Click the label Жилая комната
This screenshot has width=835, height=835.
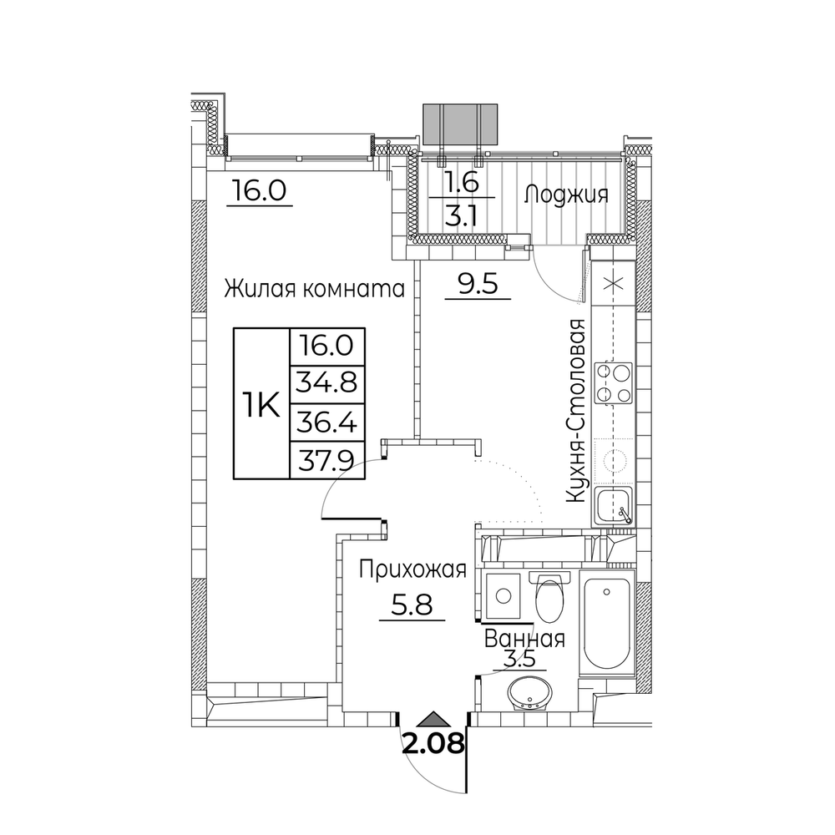pyautogui.click(x=314, y=289)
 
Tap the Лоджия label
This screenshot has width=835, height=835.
pyautogui.click(x=566, y=195)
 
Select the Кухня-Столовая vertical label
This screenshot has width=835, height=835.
pyautogui.click(x=576, y=411)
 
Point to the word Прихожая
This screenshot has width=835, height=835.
pyautogui.click(x=412, y=570)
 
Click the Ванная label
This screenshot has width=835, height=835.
pyautogui.click(x=524, y=638)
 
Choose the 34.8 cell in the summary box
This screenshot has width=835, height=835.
pyautogui.click(x=326, y=383)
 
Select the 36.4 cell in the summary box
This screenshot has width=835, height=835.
pyautogui.click(x=326, y=423)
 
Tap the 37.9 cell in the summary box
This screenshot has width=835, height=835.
pyautogui.click(x=326, y=461)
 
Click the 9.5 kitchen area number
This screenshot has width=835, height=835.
pyautogui.click(x=478, y=284)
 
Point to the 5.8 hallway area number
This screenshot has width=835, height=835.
pyautogui.click(x=412, y=605)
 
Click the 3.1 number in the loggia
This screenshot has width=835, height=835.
pyautogui.click(x=461, y=216)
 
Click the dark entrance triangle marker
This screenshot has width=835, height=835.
pyautogui.click(x=433, y=720)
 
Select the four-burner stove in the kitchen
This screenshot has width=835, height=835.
pyautogui.click(x=614, y=383)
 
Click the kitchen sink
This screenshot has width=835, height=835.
pyautogui.click(x=614, y=506)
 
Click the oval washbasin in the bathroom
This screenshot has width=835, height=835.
pyautogui.click(x=529, y=694)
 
